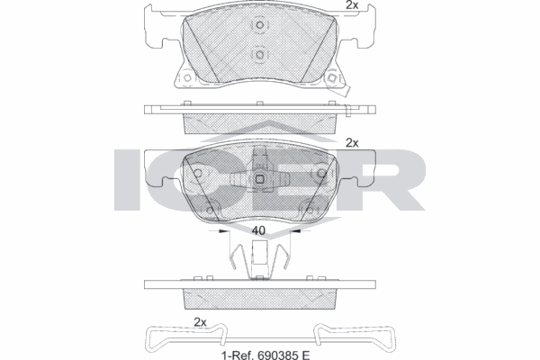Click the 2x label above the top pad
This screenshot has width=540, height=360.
point(353,5)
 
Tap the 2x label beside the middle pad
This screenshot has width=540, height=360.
point(353,142)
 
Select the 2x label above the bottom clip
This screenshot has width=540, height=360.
point(201,322)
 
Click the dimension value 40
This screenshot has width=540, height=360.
point(258,231)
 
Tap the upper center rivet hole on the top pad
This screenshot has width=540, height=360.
point(259,27)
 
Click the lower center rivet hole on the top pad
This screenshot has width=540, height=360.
point(259,56)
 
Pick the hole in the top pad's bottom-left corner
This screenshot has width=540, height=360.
point(187,79)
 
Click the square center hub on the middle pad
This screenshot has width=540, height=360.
point(259,177)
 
